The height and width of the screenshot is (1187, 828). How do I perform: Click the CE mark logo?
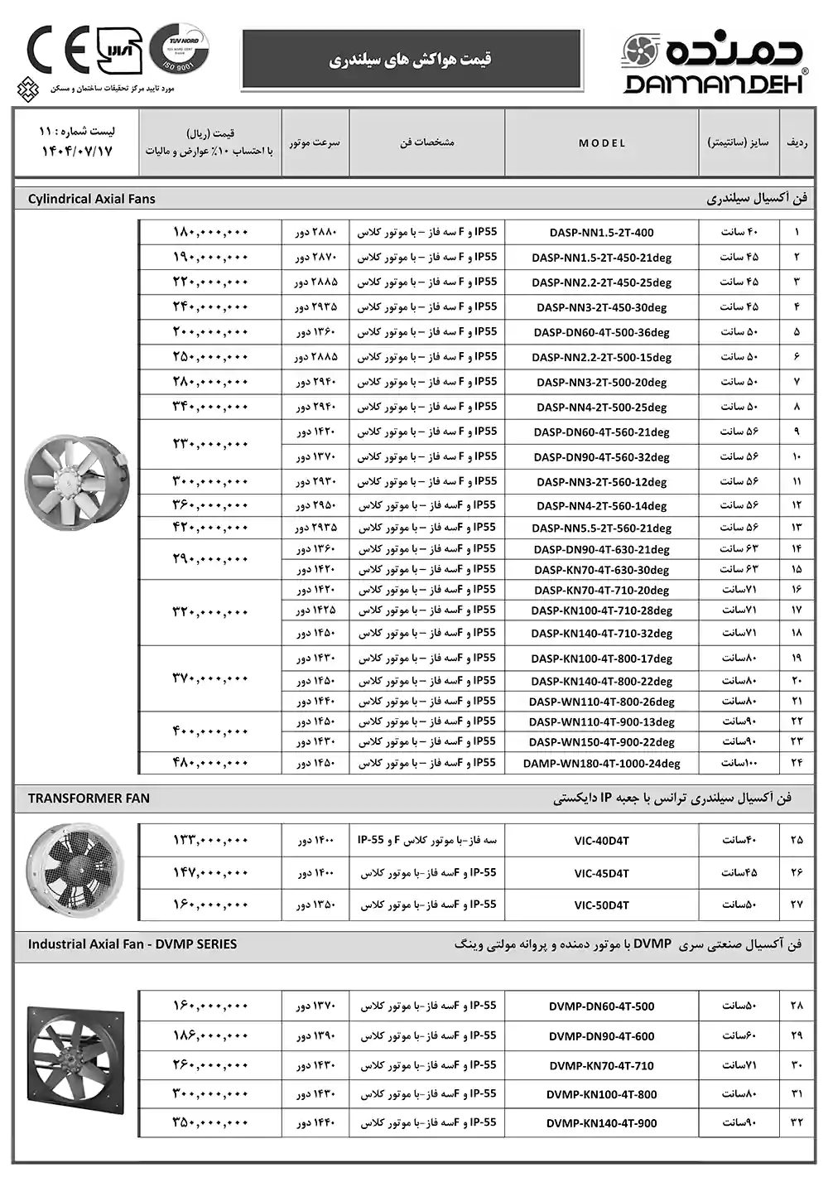(57, 51)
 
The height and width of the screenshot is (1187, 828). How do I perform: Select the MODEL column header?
(602, 143)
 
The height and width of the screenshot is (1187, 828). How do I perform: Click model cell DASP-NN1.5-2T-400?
(601, 233)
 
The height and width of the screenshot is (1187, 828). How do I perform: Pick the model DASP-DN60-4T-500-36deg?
(601, 332)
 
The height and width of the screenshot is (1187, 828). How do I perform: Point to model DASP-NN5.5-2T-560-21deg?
(601, 528)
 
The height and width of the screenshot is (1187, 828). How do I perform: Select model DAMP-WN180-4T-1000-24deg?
(601, 764)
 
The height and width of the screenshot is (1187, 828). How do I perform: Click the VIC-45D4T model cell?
(601, 873)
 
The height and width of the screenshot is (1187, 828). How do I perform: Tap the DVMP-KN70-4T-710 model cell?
(601, 1066)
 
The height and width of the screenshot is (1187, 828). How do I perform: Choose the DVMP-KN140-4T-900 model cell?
(601, 1124)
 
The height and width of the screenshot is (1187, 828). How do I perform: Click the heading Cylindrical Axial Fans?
(91, 199)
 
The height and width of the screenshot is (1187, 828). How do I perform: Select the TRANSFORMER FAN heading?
(89, 799)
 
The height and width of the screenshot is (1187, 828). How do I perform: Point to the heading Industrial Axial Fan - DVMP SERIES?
(132, 944)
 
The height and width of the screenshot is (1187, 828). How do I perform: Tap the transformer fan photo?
(76, 870)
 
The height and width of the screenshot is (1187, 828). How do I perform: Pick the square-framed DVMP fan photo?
(76, 1060)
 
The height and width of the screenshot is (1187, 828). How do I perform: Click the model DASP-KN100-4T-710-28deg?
(601, 610)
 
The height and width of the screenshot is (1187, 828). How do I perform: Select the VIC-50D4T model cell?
(601, 905)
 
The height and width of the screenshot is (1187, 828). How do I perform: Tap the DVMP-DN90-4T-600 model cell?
(601, 1036)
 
